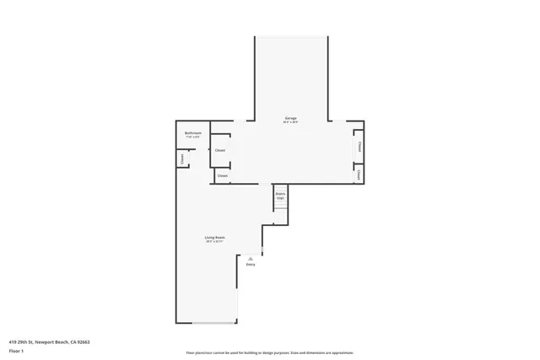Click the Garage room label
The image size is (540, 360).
click(290, 118)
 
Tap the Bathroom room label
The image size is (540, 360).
click(193, 133)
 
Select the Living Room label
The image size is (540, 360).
click(214, 238)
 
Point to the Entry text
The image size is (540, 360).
click(251, 265)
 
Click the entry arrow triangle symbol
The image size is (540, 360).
click(251, 258)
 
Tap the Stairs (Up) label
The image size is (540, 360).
click(280, 195)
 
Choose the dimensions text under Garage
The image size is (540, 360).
click(290, 123)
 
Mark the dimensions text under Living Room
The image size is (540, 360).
click(214, 242)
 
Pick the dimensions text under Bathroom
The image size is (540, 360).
click(193, 137)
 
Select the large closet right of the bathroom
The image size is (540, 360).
click(220, 150)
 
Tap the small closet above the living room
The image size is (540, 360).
click(223, 175)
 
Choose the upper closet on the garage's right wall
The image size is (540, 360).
click(359, 146)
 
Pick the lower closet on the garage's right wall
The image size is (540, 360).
click(359, 175)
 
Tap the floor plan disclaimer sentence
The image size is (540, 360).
click(269, 352)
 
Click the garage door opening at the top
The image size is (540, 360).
click(291, 36)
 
